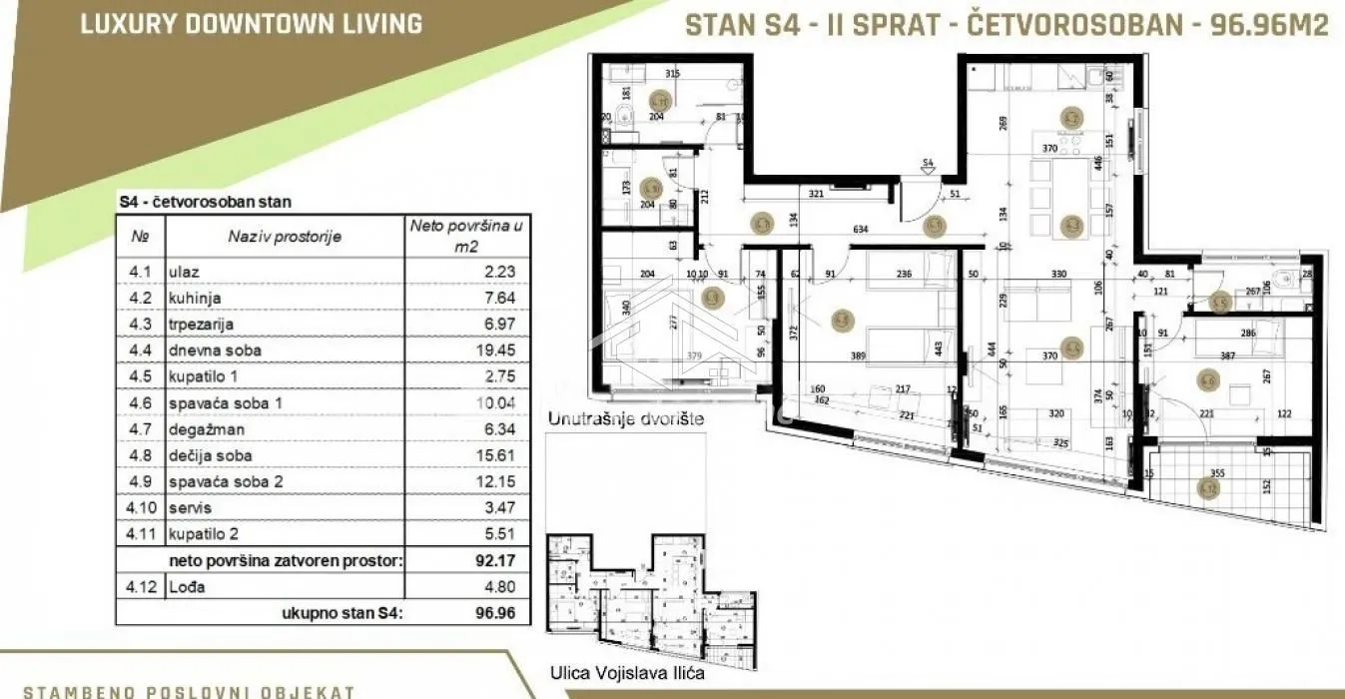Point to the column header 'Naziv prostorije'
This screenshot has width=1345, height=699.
[285, 237]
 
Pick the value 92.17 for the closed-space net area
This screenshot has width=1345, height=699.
[496, 561]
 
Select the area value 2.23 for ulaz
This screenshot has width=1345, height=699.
[500, 272]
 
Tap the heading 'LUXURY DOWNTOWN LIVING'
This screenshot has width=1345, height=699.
[251, 23]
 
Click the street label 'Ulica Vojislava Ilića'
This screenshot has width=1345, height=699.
[627, 673]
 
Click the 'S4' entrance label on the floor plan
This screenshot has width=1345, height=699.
[927, 162]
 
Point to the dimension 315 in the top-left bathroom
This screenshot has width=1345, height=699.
[672, 73]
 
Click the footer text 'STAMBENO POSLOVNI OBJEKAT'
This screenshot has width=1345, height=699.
[189, 691]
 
